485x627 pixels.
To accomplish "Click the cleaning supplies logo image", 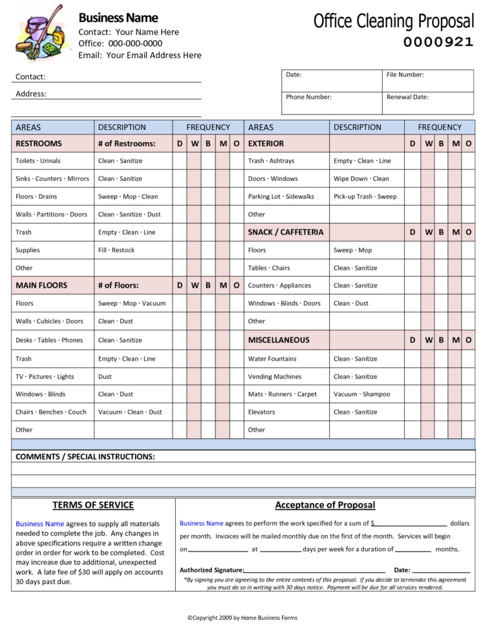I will tap(40, 32).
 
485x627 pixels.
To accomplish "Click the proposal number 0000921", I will tap(438, 43).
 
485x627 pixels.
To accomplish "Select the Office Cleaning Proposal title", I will tap(393, 21).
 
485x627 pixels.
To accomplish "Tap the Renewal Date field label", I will tap(407, 97).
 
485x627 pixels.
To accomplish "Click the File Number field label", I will tap(405, 75).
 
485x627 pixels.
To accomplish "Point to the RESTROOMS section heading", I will tap(39, 143).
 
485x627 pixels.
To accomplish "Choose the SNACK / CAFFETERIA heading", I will tap(285, 232).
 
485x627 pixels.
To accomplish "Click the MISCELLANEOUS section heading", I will tap(279, 339).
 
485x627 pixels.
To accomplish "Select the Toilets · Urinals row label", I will tap(38, 161).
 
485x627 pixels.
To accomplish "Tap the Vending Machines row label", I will tap(274, 376).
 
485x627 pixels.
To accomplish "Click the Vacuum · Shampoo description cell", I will tap(361, 394).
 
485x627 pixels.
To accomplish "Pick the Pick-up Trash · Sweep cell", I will tap(365, 197).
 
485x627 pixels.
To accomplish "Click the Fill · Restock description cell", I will tap(116, 250).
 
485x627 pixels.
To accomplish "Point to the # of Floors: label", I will tap(118, 285).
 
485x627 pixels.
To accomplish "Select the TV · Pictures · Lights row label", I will tap(45, 376).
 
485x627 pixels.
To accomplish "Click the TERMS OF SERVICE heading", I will tap(93, 505).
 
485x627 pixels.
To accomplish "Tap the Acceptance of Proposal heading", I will tap(325, 505).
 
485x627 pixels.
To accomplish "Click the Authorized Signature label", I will tap(211, 570).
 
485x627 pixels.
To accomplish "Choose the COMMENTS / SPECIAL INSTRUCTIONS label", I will tap(85, 456).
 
